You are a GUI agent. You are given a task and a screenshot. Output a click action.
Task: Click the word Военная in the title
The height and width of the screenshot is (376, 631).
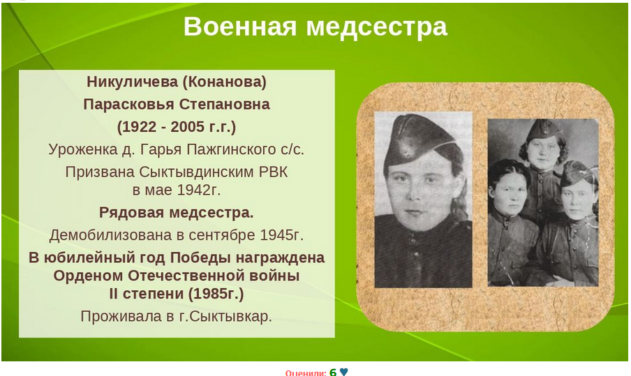[x=240, y=27]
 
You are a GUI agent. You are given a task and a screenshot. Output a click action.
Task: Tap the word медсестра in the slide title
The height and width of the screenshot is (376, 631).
[x=377, y=27]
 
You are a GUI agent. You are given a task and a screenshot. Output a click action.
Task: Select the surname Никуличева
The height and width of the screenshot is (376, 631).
[x=133, y=82]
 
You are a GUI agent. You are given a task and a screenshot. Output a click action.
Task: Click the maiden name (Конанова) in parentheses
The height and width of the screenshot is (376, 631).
[x=225, y=82]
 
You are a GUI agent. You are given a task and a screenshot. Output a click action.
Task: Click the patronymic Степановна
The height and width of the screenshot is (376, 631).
[x=225, y=105]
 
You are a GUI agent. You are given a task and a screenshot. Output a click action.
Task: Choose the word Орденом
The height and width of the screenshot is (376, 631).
[x=89, y=276]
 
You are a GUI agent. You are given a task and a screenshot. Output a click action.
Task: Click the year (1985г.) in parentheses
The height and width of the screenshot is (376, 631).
[x=216, y=294]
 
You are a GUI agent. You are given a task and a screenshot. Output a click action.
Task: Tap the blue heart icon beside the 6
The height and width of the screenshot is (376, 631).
[x=343, y=372]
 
